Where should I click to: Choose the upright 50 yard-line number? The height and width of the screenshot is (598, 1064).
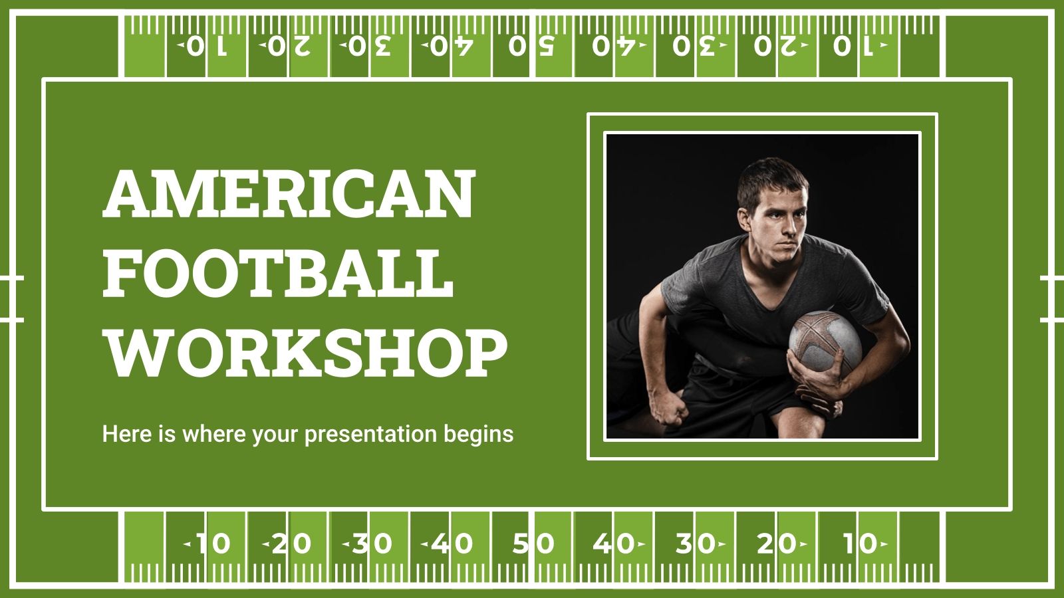pyautogui.click(x=533, y=544)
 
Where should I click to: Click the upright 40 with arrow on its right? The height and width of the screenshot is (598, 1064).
pyautogui.click(x=617, y=544)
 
